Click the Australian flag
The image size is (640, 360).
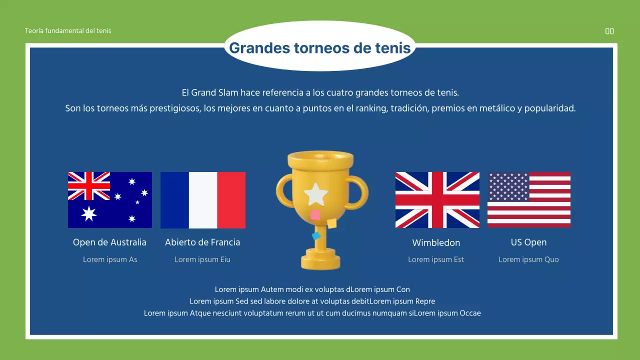(110, 200)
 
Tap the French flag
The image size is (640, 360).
(203, 200)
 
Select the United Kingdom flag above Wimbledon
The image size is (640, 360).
(437, 200)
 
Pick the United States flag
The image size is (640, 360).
(529, 200)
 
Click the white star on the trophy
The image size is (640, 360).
(316, 194)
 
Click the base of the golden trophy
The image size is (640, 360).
(320, 261)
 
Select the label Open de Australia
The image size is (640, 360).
(109, 242)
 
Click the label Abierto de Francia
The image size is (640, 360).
(202, 242)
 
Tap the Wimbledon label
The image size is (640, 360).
(436, 243)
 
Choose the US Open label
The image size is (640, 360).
(528, 242)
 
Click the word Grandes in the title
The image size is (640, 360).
(258, 48)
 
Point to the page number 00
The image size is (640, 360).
(609, 31)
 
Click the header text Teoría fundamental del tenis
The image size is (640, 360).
(68, 31)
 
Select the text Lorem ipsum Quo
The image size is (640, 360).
(528, 259)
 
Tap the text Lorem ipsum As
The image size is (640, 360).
(110, 259)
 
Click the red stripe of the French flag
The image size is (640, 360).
(231, 200)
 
